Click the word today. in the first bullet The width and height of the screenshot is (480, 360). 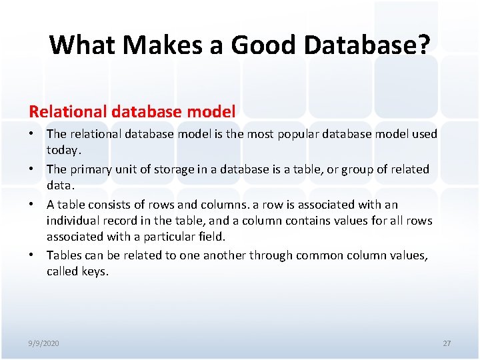coord(64,150)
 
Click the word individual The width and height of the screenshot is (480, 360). coord(73,221)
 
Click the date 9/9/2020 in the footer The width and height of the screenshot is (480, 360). coord(44,343)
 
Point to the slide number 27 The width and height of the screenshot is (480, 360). coord(447,343)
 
